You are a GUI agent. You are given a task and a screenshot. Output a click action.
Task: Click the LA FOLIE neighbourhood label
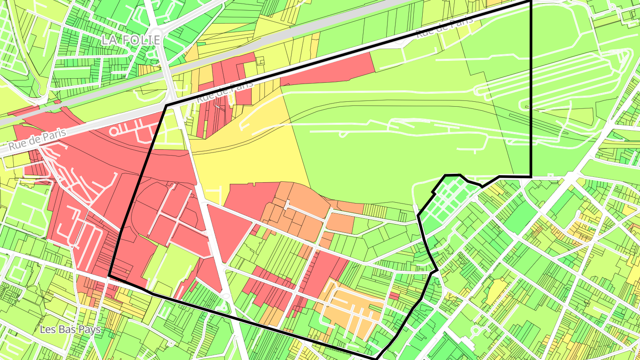130,40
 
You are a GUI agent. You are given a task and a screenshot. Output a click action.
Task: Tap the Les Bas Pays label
70,329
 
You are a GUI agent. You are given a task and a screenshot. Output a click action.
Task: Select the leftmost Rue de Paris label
37,139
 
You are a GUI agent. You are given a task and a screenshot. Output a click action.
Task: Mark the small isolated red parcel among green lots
394,296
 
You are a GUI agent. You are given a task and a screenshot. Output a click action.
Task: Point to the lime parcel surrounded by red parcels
171,267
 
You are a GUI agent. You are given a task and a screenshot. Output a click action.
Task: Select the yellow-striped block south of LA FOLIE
148,70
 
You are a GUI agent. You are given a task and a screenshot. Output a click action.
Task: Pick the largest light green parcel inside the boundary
400,147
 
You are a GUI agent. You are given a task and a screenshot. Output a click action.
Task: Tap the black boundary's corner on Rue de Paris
166,106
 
